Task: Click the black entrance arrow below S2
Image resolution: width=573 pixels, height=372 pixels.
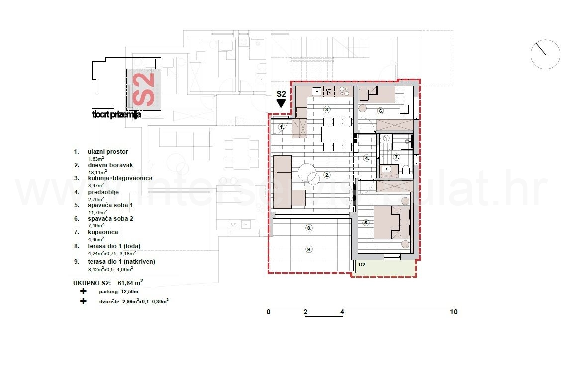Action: [281, 103]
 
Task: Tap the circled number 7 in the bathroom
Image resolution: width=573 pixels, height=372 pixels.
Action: [396, 157]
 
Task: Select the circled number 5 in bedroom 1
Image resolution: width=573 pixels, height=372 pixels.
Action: [366, 223]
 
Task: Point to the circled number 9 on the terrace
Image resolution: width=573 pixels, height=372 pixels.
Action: [309, 249]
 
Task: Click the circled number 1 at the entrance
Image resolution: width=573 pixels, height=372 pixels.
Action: [281, 127]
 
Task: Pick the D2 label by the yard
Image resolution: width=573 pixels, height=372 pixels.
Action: [362, 265]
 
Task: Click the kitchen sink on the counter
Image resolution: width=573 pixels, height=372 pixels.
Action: [316, 92]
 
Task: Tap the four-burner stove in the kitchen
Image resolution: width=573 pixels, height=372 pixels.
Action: [343, 92]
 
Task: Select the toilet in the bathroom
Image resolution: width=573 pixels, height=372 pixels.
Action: [406, 171]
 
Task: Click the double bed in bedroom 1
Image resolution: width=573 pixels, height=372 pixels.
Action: [392, 223]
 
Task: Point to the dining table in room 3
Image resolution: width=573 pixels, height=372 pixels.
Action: [337, 134]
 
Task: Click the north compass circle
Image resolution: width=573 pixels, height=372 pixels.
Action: [545, 54]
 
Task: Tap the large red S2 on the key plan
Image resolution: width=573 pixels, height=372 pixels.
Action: [144, 89]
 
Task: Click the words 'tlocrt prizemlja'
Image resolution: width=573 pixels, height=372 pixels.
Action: [116, 115]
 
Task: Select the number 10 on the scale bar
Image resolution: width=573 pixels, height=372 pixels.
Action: [453, 312]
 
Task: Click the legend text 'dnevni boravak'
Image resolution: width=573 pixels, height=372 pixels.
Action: [110, 165]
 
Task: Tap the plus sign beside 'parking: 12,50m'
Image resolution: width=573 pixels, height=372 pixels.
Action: [83, 291]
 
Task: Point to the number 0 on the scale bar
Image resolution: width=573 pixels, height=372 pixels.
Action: [268, 312]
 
